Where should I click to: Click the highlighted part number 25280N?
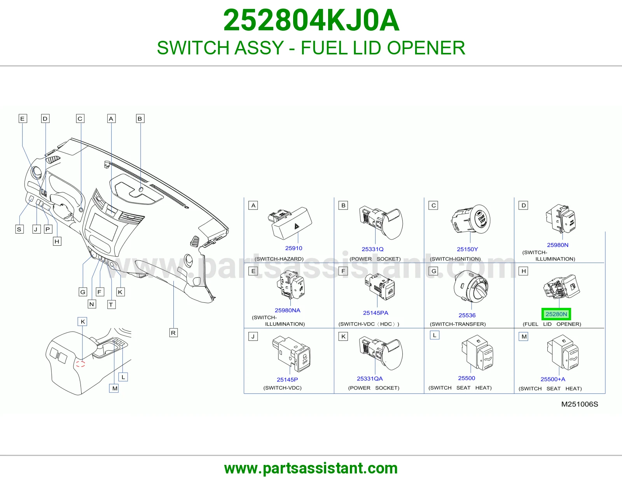pos(556,314)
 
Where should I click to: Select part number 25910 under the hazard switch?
pos(294,248)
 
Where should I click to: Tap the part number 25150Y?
pos(467,249)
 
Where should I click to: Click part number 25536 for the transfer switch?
pos(467,315)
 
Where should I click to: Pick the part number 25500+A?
pos(553,379)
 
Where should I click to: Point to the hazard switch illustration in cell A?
pos(290,223)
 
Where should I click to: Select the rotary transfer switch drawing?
pos(471,286)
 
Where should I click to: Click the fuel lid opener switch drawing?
pos(562,287)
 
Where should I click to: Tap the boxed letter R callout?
pos(173,333)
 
